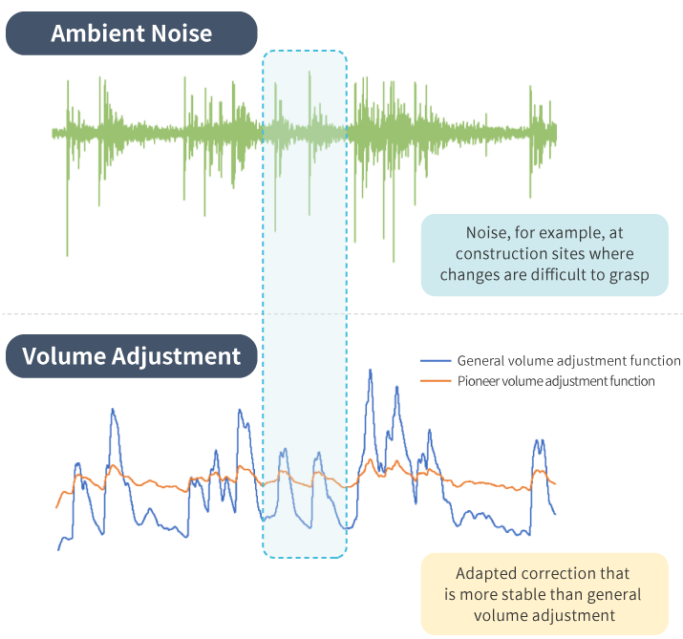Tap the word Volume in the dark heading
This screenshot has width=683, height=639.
pyautogui.click(x=64, y=356)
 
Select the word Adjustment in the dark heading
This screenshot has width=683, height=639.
pyautogui.click(x=176, y=356)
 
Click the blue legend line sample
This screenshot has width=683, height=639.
pyautogui.click(x=436, y=361)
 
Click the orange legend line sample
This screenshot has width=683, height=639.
pyautogui.click(x=436, y=381)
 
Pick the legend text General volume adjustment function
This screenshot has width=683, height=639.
pyautogui.click(x=568, y=361)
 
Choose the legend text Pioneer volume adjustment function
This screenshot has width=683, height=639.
pyautogui.click(x=556, y=381)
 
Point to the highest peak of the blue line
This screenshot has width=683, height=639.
pyautogui.click(x=371, y=370)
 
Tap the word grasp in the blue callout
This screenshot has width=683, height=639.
pyautogui.click(x=629, y=275)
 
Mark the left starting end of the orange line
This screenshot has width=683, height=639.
pyautogui.click(x=56, y=507)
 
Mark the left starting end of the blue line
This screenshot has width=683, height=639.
pyautogui.click(x=58, y=550)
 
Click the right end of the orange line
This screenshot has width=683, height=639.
pyautogui.click(x=555, y=483)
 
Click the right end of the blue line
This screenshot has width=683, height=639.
pyautogui.click(x=555, y=515)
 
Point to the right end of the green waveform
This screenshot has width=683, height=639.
pyautogui.click(x=556, y=132)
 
